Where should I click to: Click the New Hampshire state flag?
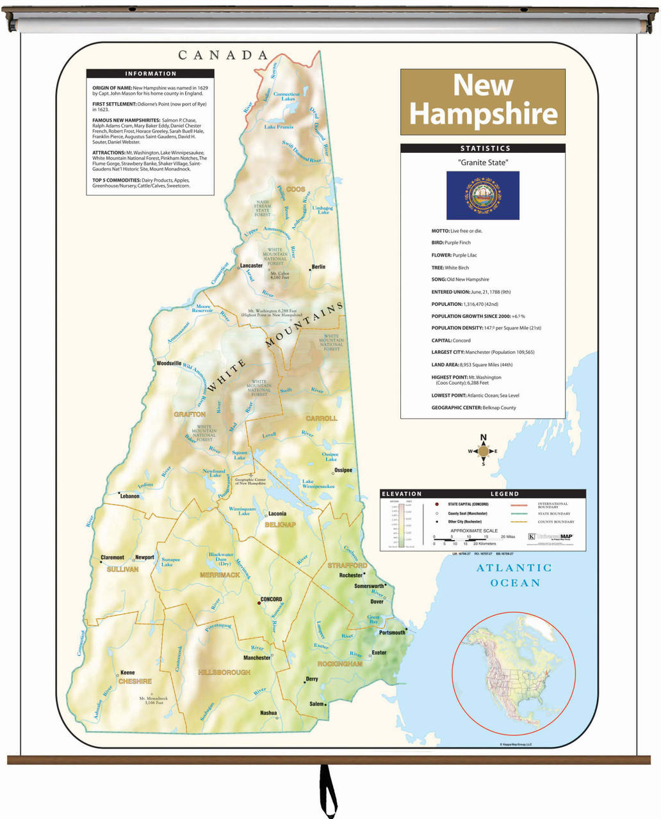(482, 195)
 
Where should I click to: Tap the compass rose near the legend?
(483, 451)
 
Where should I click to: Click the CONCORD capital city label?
(271, 600)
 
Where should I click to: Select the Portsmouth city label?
(392, 632)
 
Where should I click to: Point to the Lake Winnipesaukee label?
(318, 484)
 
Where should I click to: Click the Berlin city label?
(318, 267)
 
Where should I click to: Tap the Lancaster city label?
(251, 266)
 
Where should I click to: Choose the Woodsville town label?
(169, 363)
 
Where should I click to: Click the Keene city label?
(127, 672)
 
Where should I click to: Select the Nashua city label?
(268, 713)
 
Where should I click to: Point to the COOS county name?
(295, 189)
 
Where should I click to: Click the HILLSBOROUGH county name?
(225, 672)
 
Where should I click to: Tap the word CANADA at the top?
(223, 56)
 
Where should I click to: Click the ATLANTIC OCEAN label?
(514, 575)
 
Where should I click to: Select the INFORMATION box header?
(151, 74)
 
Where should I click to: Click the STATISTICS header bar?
(482, 148)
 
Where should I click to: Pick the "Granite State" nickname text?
(483, 163)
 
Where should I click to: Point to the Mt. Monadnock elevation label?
(153, 700)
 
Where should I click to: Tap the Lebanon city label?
(129, 496)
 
